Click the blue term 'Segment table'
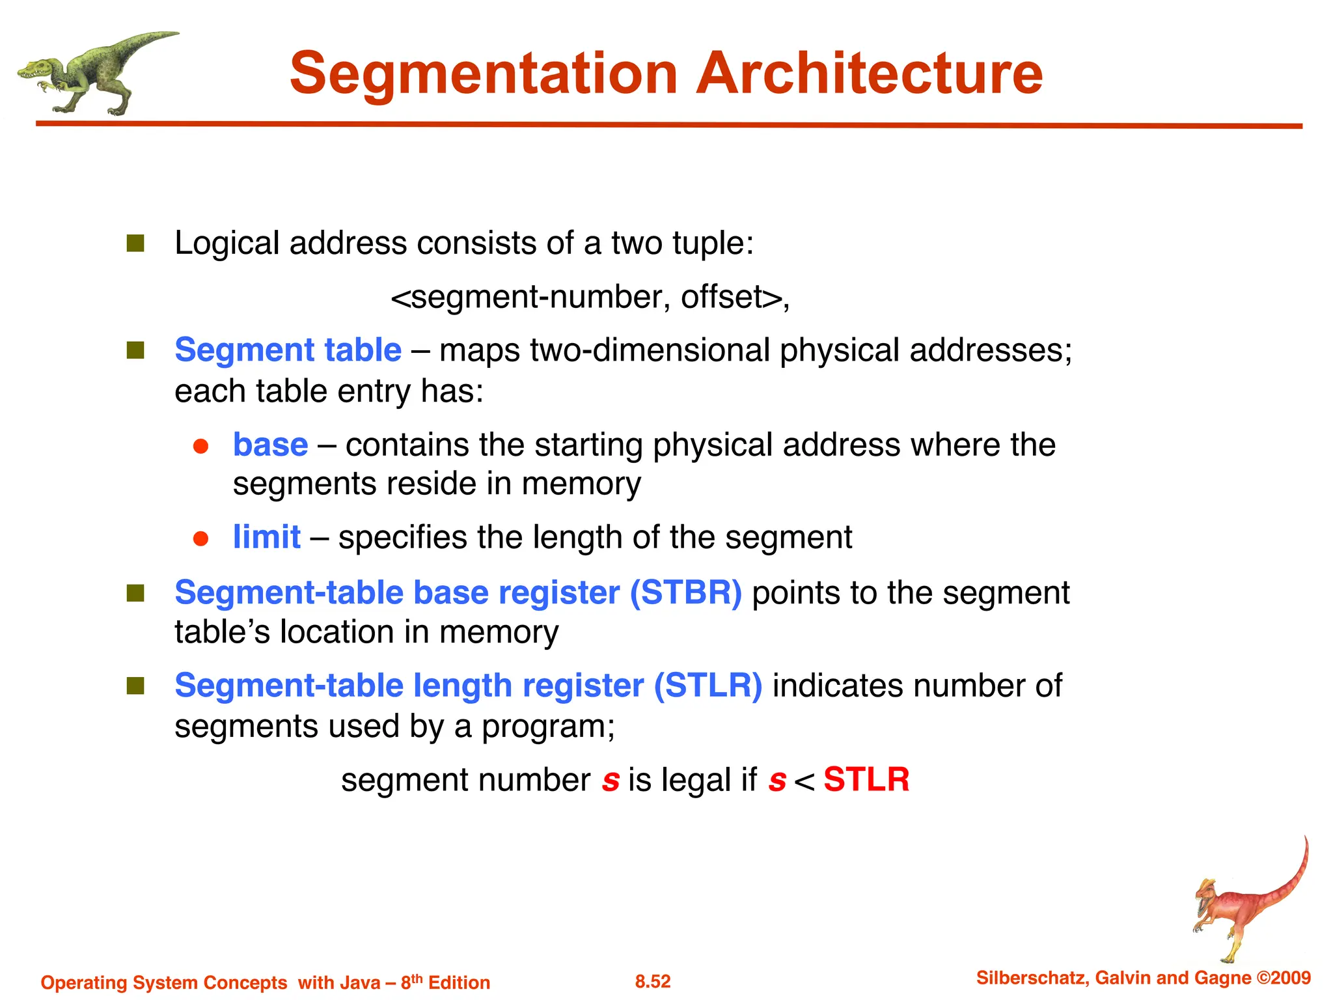tap(288, 350)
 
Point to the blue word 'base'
tap(270, 445)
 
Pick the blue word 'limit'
tap(267, 538)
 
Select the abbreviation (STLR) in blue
tap(708, 686)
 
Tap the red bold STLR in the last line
tap(866, 779)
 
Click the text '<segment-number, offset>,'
tap(590, 298)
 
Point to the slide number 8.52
tap(653, 982)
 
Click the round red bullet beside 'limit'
tap(200, 539)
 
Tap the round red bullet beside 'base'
tap(200, 447)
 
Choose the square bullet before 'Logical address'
tap(135, 243)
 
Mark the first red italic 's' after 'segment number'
tap(611, 781)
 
